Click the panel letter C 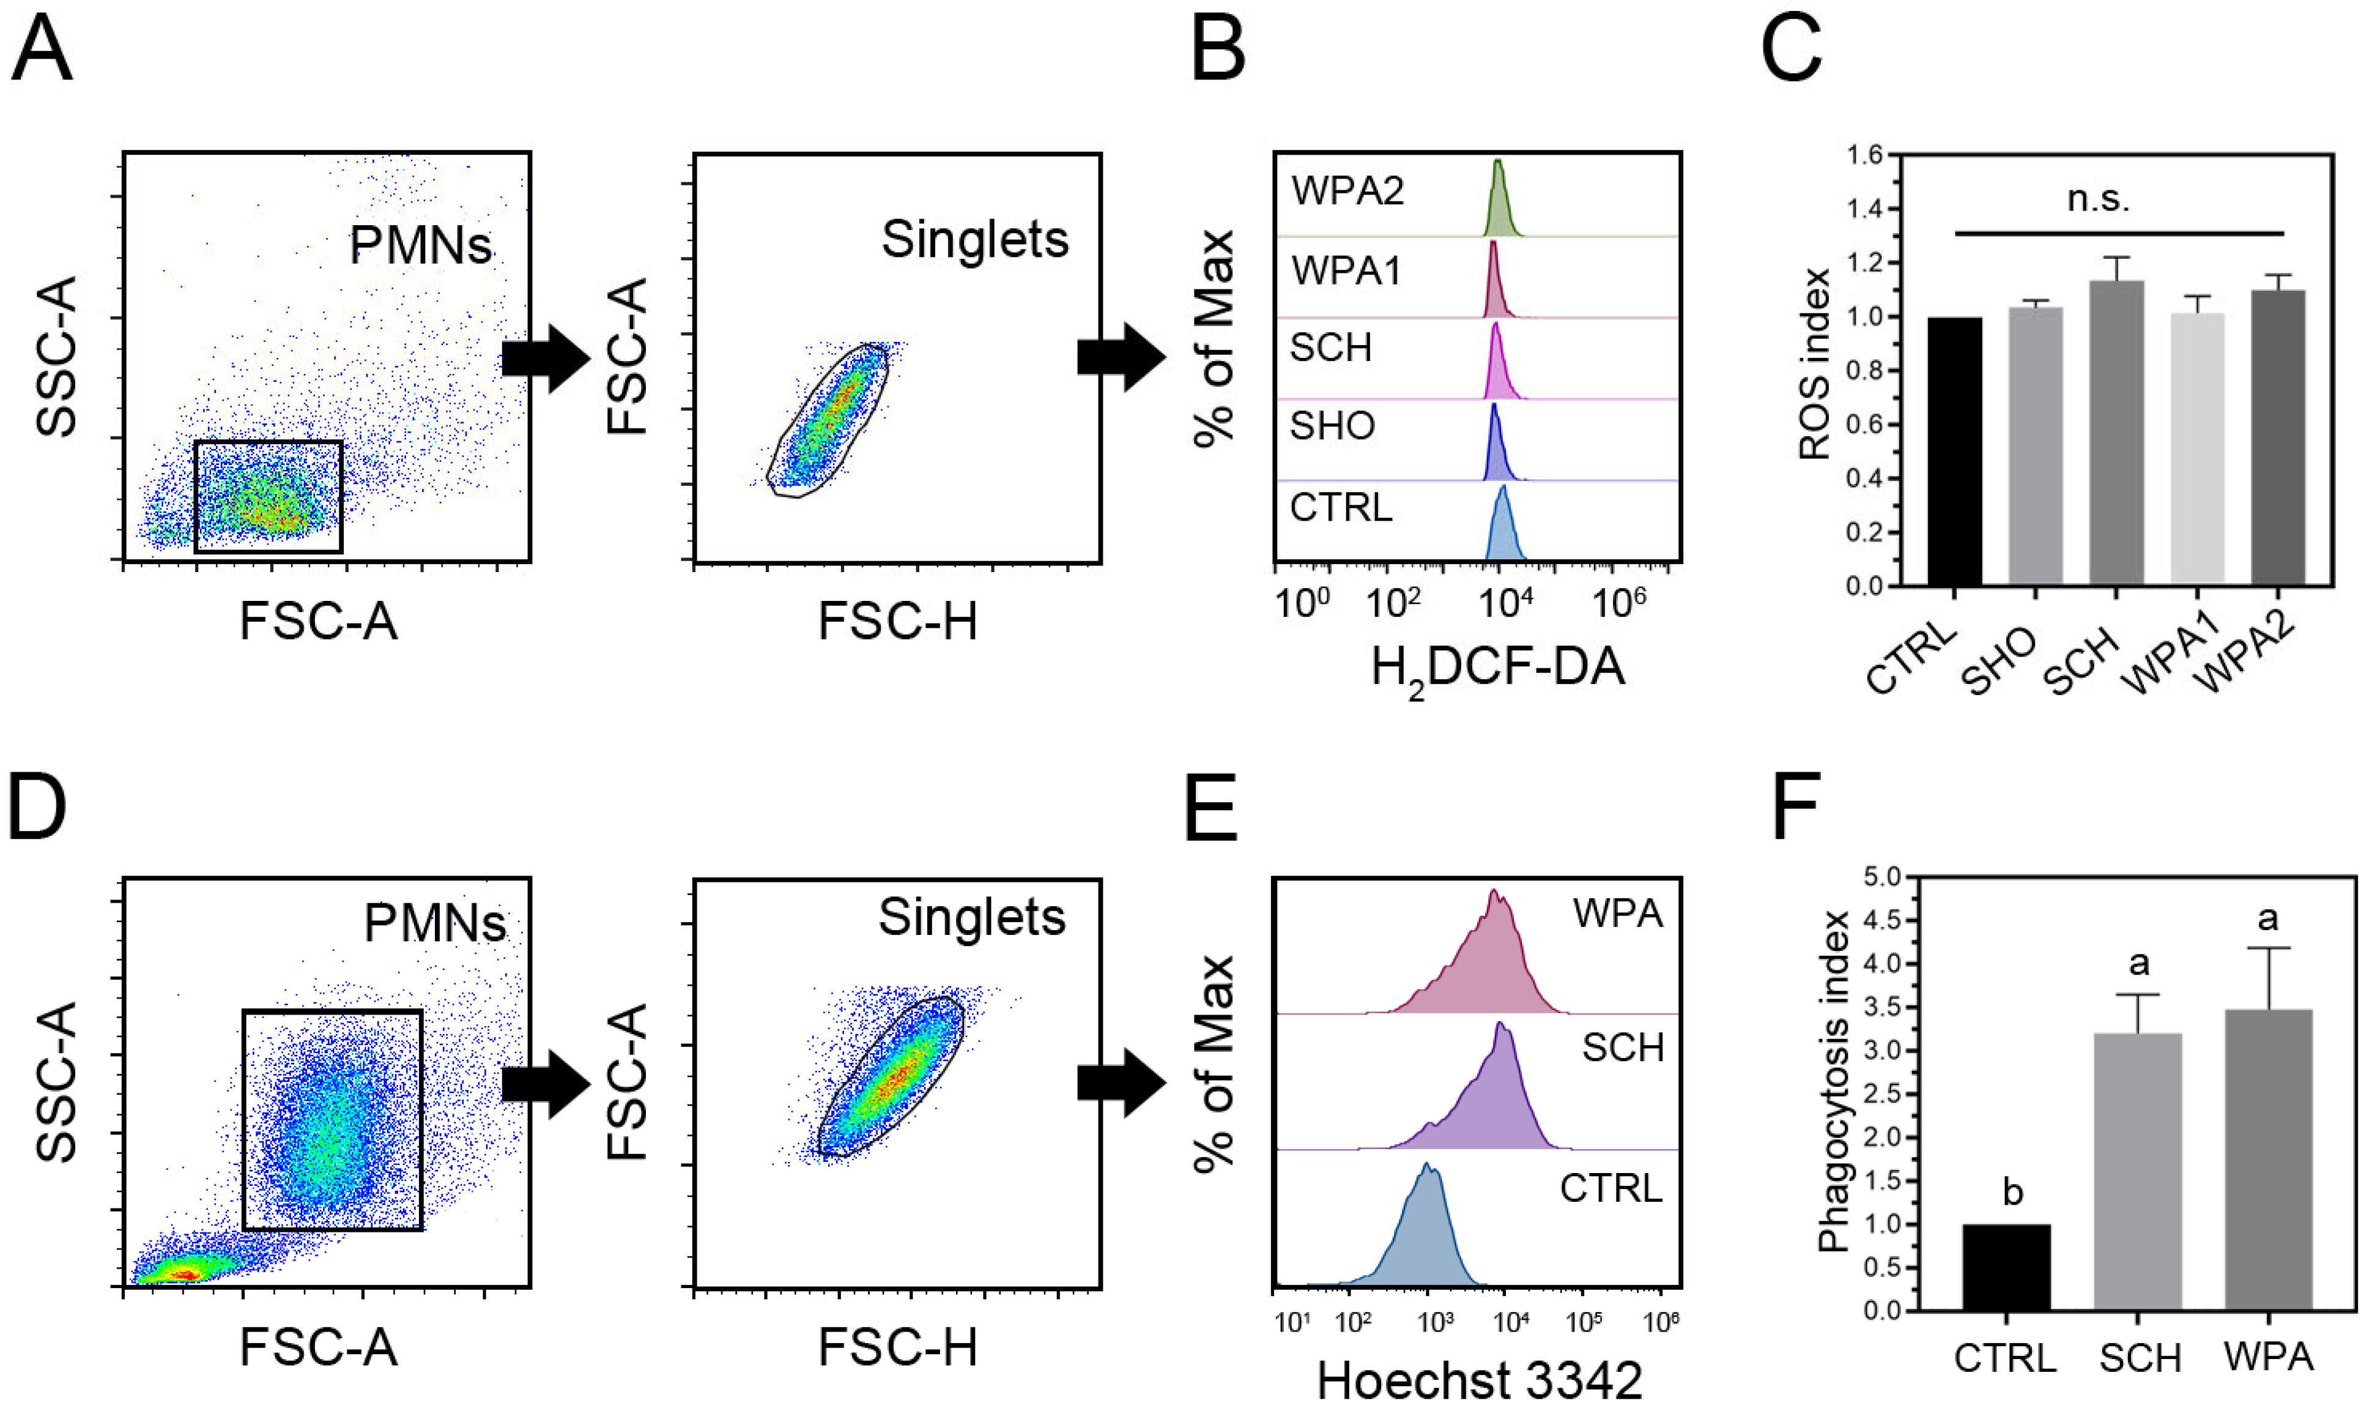tap(1790, 50)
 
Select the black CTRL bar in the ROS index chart tap(1954, 451)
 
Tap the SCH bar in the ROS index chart tap(2116, 431)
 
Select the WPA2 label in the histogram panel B tap(1347, 192)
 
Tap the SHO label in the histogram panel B tap(1332, 426)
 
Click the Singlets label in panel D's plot tap(972, 917)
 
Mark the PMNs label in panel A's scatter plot tap(421, 246)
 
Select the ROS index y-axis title tap(1814, 365)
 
